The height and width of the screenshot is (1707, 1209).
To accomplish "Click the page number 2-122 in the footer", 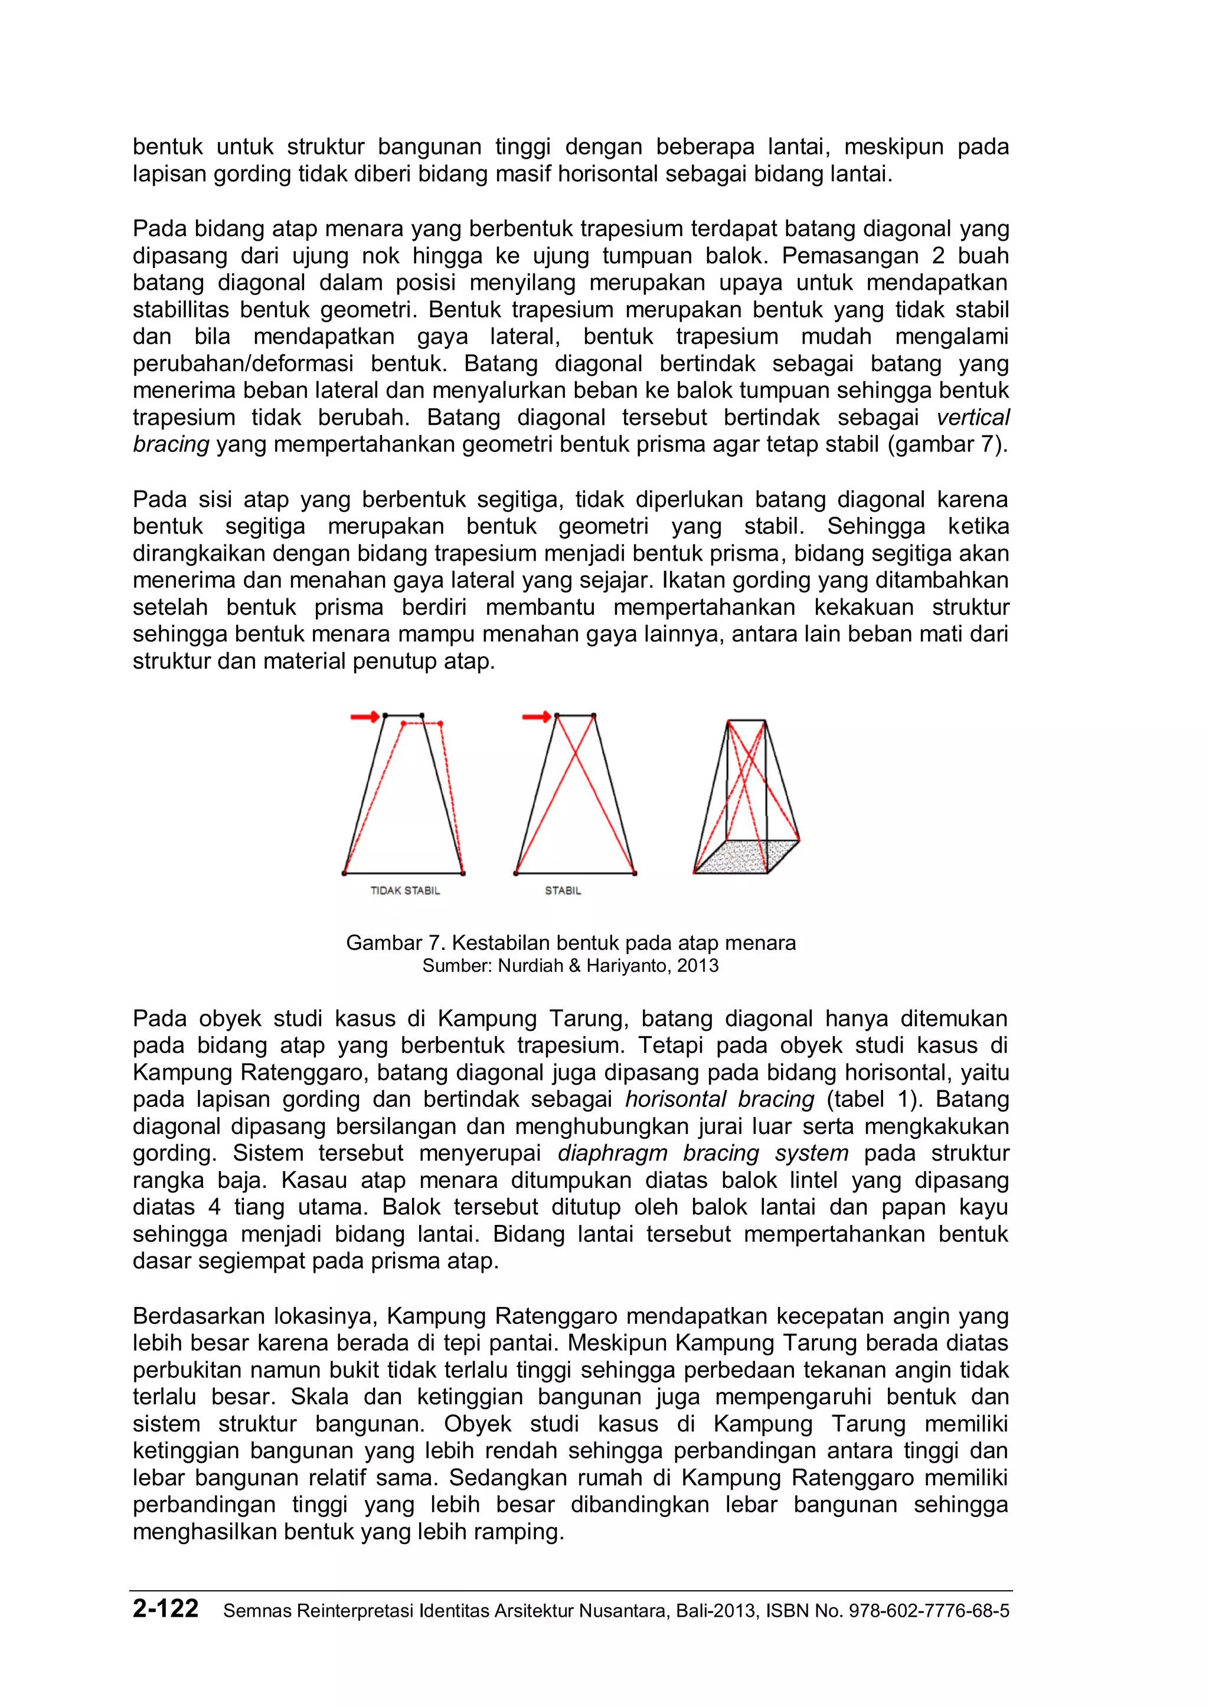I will pos(165,1609).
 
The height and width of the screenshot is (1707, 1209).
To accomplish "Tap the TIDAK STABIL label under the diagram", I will pos(405,891).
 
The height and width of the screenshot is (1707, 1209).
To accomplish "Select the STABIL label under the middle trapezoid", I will pos(563,891).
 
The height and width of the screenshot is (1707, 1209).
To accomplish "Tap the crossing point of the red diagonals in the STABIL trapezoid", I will pos(575,755).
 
